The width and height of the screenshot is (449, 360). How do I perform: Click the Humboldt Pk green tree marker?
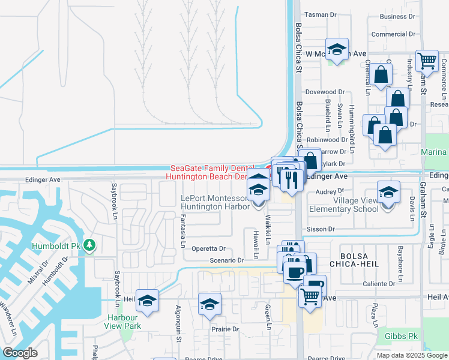click(89, 245)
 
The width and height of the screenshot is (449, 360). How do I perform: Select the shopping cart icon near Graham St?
click(426, 60)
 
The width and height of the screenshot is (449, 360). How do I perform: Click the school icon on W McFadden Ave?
click(337, 50)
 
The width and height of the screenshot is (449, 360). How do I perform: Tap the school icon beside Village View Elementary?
click(388, 193)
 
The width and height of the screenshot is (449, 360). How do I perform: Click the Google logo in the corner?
click(20, 353)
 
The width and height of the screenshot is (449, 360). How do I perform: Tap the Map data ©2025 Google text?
click(412, 355)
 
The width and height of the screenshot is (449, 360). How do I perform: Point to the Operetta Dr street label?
click(208, 248)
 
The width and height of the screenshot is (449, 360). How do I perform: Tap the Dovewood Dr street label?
click(325, 92)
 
